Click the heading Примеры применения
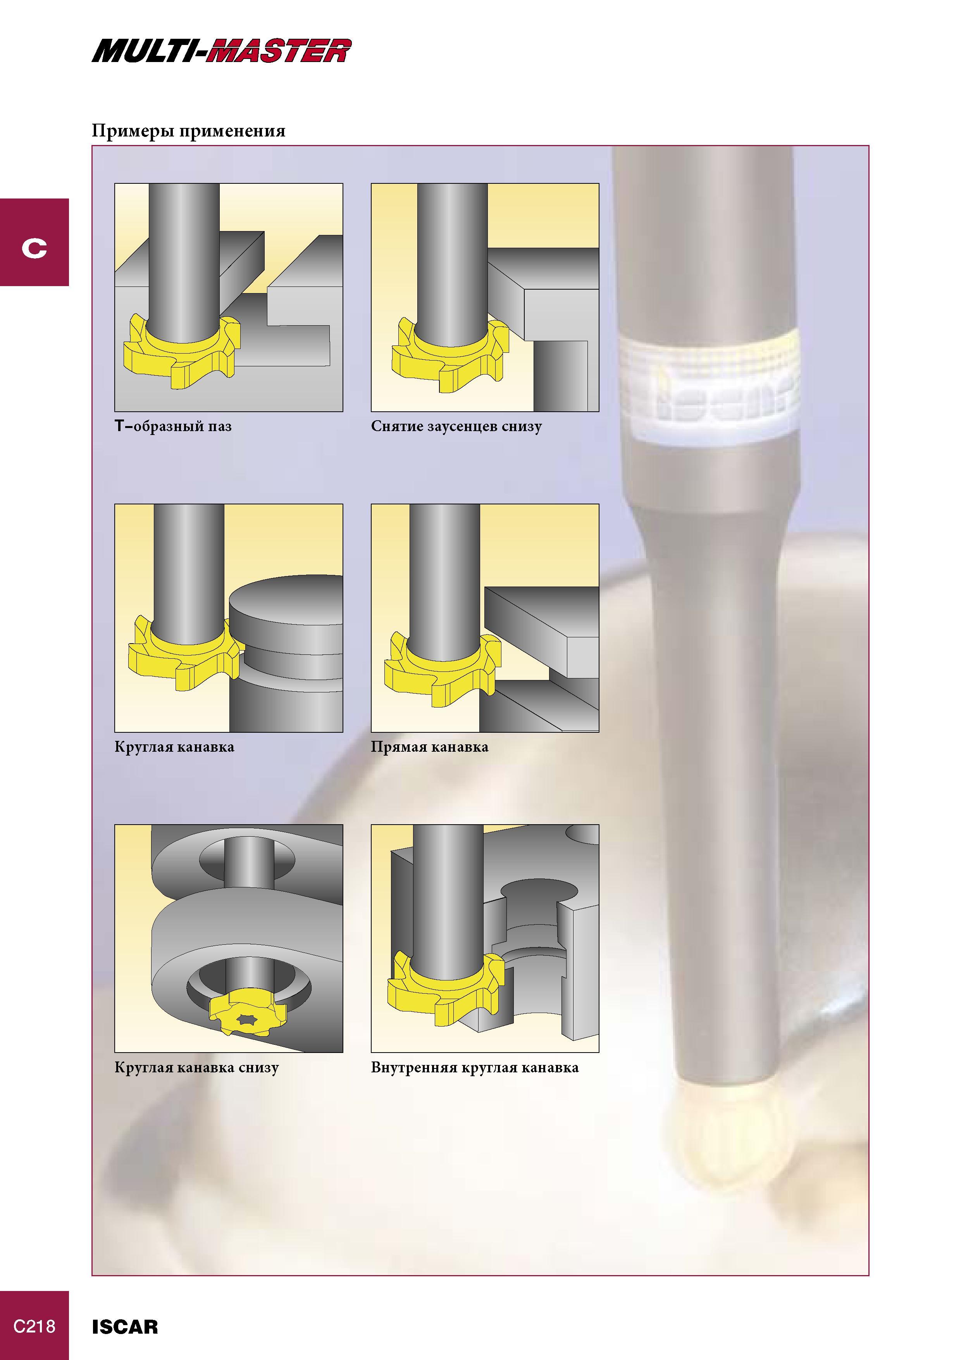(x=188, y=131)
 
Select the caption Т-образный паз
(x=173, y=426)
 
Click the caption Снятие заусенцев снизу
(x=456, y=426)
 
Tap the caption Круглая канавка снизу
(x=196, y=1067)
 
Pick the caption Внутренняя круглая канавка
(x=475, y=1067)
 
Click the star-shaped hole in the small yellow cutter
(x=245, y=1018)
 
